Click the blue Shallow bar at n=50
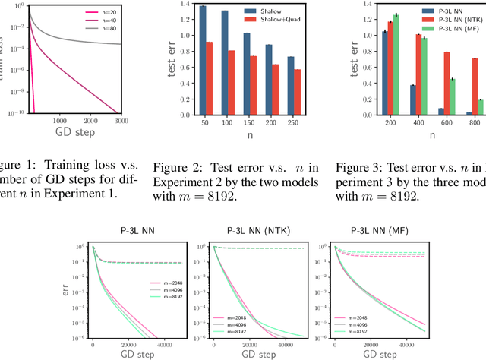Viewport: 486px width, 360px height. click(201, 59)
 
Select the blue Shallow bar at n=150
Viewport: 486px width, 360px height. click(245, 78)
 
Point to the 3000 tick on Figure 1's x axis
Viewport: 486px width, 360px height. click(119, 121)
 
